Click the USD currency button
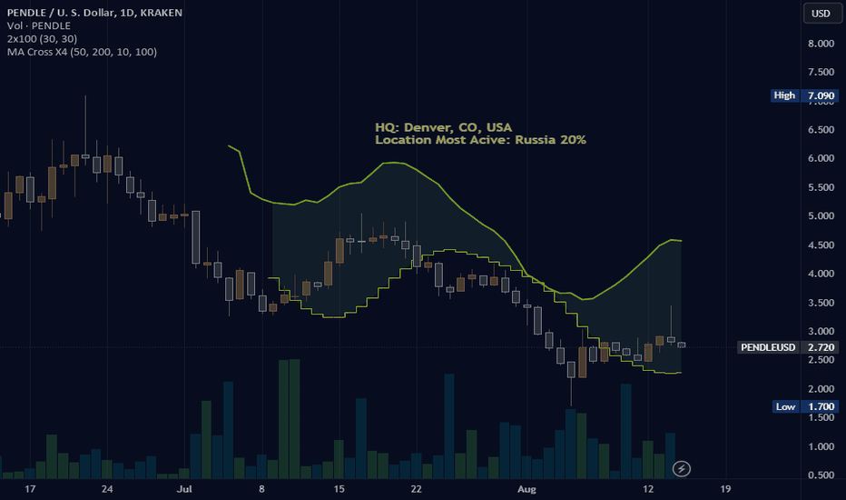(821, 13)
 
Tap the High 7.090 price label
(802, 95)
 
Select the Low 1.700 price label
(802, 406)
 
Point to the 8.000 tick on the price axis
(821, 43)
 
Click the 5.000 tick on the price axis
(821, 216)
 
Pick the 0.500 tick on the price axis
(821, 475)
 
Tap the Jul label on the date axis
(185, 488)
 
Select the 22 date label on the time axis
(416, 488)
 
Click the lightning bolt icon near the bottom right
(682, 469)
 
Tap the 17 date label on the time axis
(30, 488)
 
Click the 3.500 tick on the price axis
(821, 303)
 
